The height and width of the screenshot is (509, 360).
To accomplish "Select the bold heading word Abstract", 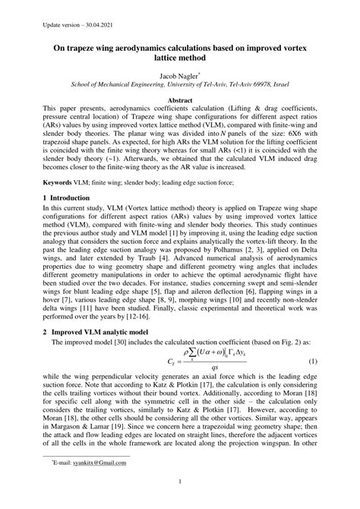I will (x=179, y=100).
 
